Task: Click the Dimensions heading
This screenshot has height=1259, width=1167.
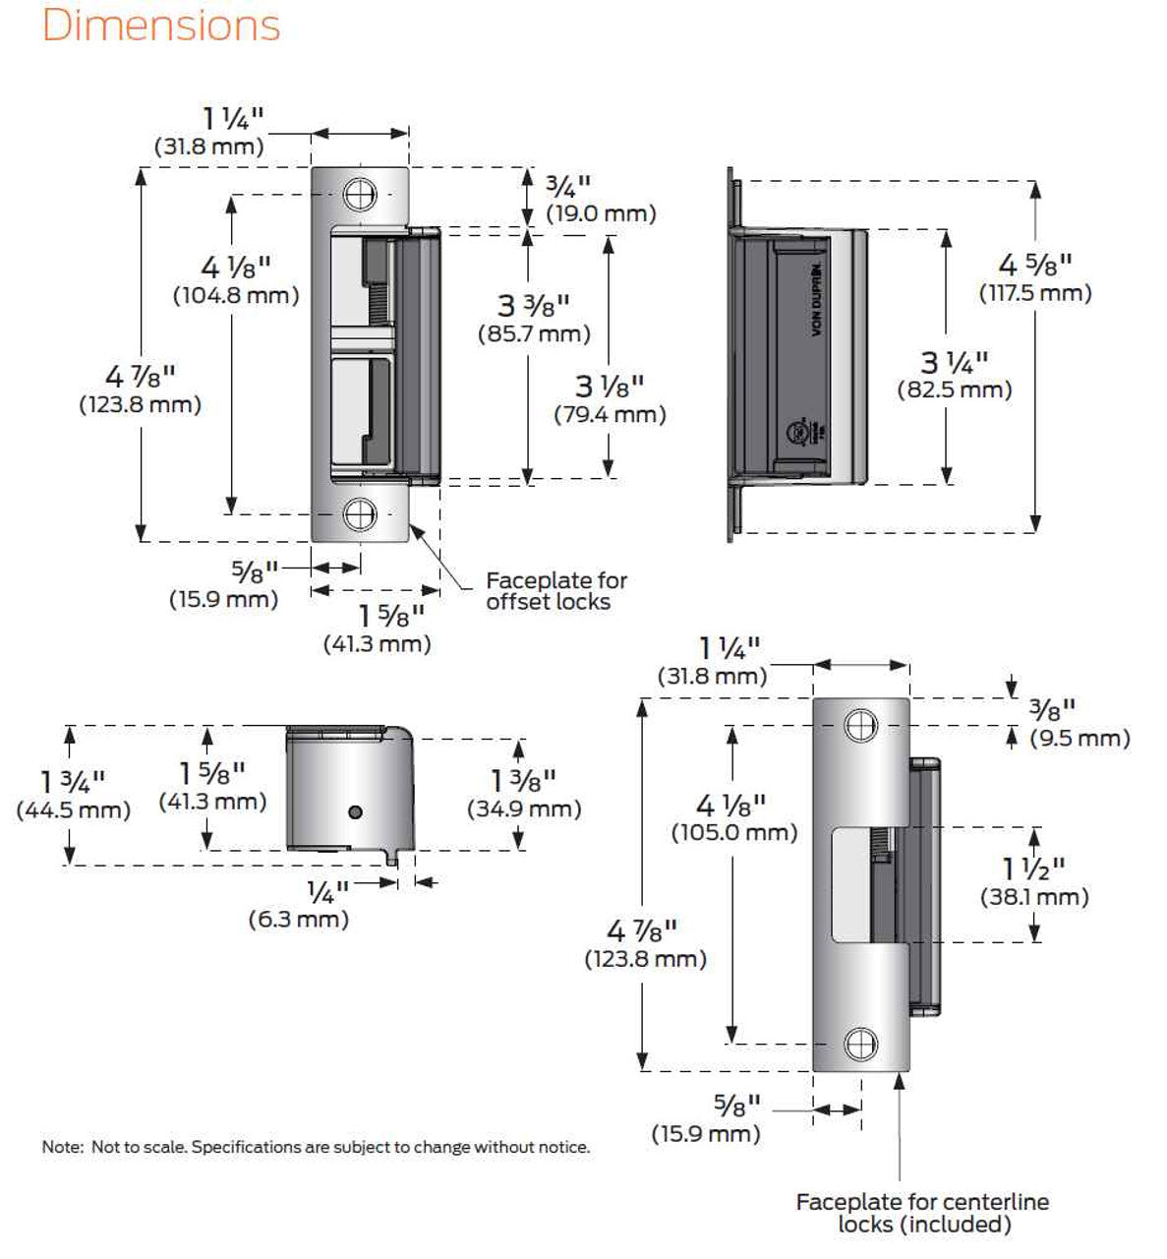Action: click(161, 26)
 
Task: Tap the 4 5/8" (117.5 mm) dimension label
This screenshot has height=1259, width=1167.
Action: click(1034, 278)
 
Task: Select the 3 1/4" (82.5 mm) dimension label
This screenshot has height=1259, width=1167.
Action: click(954, 376)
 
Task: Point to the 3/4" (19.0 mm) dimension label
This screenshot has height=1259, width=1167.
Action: click(587, 199)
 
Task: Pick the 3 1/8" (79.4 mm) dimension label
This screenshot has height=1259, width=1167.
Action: click(610, 399)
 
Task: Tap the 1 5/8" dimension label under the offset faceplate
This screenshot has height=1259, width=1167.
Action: click(378, 629)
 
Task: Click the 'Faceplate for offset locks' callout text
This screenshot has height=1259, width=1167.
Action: click(556, 591)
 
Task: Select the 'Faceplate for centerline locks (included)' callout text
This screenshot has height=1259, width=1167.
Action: click(922, 1213)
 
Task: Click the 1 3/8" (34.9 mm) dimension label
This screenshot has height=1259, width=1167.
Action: click(523, 794)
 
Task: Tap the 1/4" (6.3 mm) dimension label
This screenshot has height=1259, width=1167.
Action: click(299, 906)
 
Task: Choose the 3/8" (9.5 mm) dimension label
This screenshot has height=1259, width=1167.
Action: click(1079, 723)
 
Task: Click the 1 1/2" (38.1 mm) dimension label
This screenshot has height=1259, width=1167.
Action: click(1034, 882)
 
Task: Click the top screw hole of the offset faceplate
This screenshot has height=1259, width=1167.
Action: click(360, 194)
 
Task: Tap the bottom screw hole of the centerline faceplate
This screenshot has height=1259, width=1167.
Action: click(861, 1044)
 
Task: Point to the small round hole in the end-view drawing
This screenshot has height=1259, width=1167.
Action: click(356, 811)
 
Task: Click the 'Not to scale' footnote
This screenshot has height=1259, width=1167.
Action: click(316, 1147)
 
